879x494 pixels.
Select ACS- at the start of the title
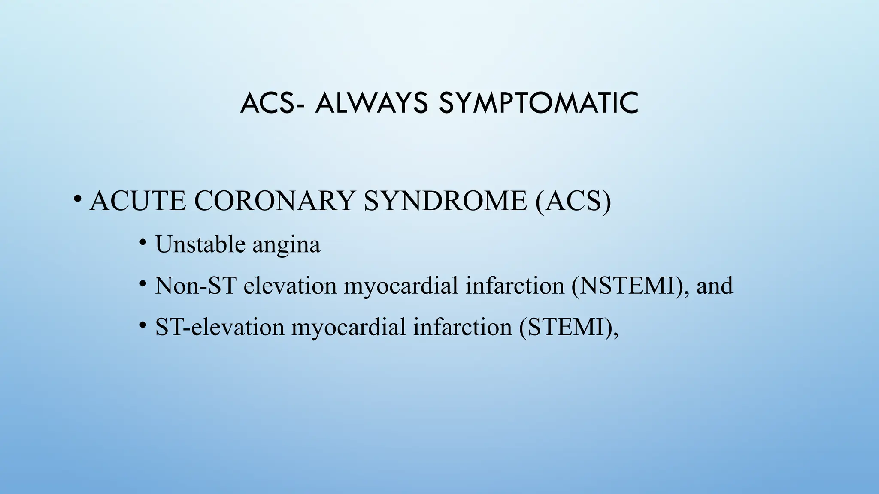pos(273,104)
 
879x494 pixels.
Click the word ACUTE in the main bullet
pos(138,201)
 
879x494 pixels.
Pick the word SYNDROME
pos(445,201)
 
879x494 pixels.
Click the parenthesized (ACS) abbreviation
pos(573,201)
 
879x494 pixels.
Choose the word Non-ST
pos(195,286)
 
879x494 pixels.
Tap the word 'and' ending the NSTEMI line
pos(715,286)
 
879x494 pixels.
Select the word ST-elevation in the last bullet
pos(219,327)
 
